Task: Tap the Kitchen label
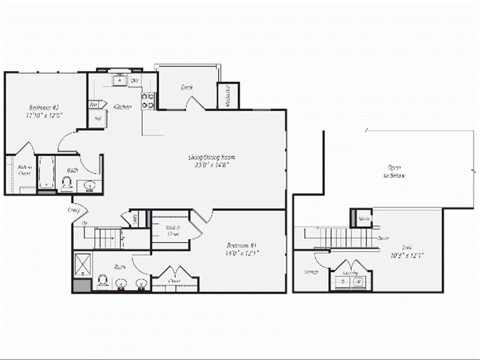point(123,107)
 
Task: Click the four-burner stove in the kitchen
point(149,100)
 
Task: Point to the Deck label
point(187,87)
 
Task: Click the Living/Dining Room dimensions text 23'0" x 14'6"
point(215,165)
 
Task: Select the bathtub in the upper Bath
point(46,172)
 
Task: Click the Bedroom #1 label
point(240,245)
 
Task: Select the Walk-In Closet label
point(173,230)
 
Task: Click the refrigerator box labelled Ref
point(98,118)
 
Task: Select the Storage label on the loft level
point(311,272)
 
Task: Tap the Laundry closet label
point(351,273)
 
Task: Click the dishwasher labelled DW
point(134,81)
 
